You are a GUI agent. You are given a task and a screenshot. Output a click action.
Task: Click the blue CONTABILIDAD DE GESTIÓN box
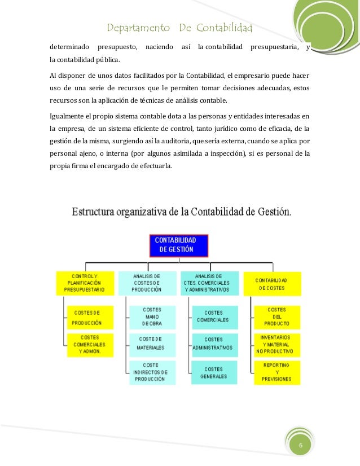tap(179, 245)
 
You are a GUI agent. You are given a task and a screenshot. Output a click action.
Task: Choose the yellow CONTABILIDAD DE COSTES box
tap(272, 284)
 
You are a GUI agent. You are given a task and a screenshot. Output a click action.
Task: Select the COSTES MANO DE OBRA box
tap(152, 317)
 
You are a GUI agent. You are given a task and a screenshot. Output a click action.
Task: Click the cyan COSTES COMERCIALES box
tap(213, 316)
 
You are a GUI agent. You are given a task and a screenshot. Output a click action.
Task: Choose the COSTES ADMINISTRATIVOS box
tap(213, 343)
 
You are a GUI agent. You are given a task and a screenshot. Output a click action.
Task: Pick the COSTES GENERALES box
tap(213, 372)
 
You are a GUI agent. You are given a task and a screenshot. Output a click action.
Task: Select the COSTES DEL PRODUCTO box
tap(276, 316)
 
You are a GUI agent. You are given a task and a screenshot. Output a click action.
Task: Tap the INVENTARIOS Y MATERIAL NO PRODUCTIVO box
tap(276, 344)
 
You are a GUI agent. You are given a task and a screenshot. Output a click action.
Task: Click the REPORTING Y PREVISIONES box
tap(276, 372)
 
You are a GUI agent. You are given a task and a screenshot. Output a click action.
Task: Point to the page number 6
tap(301, 446)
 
